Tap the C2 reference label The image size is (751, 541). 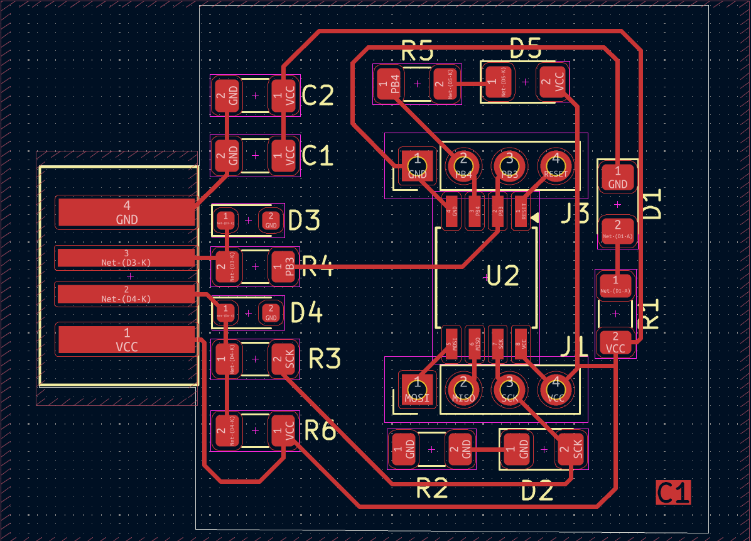[x=318, y=96]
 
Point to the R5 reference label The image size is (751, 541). [x=417, y=50]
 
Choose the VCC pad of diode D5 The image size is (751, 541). [x=552, y=82]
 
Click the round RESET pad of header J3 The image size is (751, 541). [x=556, y=166]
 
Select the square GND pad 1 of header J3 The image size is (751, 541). [x=417, y=166]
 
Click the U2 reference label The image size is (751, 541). [x=504, y=276]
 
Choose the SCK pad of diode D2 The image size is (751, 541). [x=571, y=449]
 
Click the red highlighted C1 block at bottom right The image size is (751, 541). [x=673, y=493]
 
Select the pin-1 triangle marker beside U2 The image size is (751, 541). [x=535, y=217]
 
